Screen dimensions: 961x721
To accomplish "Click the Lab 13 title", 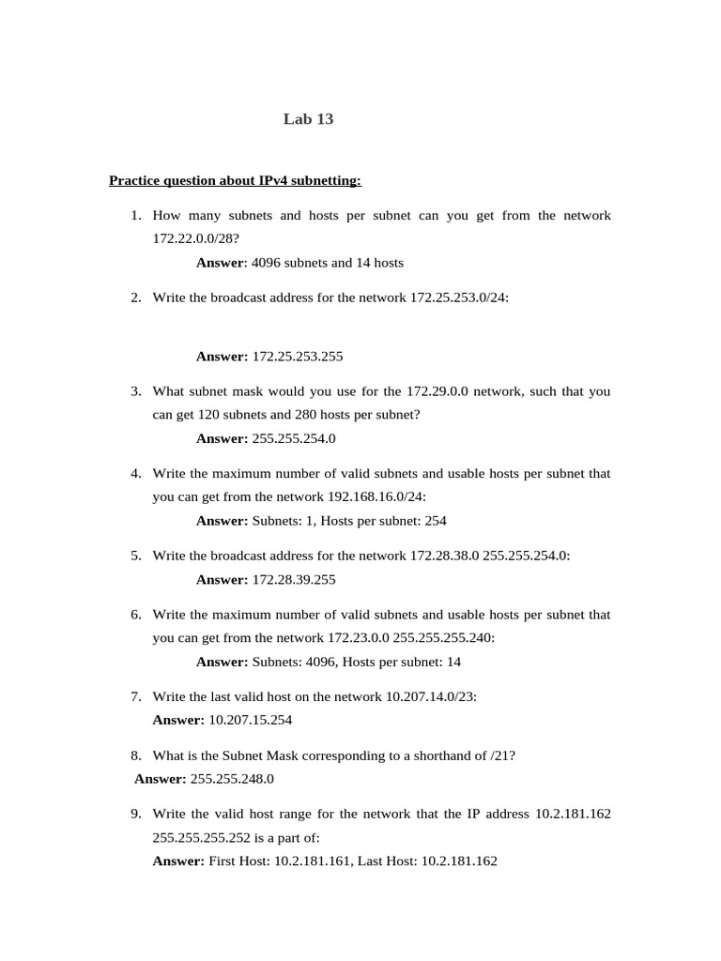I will [308, 119].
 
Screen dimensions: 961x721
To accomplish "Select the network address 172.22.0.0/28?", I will [190, 239].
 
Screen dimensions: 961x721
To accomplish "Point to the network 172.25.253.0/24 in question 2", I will [459, 297].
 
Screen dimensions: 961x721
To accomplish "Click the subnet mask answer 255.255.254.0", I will [294, 438].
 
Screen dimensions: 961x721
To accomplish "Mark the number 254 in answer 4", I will [435, 521].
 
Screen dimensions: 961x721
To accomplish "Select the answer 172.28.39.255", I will [294, 580].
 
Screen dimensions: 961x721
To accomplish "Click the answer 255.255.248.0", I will [232, 779].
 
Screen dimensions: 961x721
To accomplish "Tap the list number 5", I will [136, 556].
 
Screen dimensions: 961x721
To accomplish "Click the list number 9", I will [136, 814].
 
